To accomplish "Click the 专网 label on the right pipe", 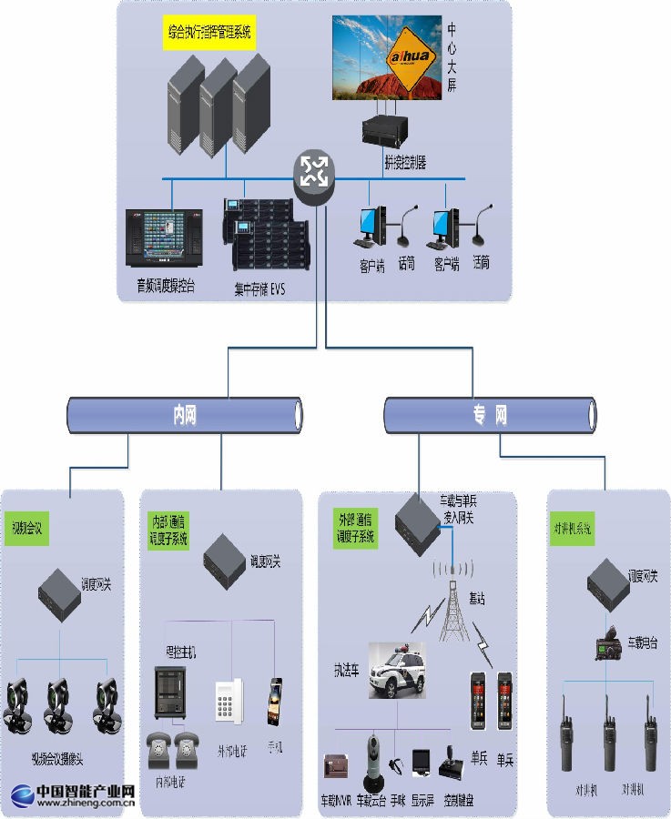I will [x=490, y=415].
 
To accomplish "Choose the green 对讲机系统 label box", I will [x=573, y=528].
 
